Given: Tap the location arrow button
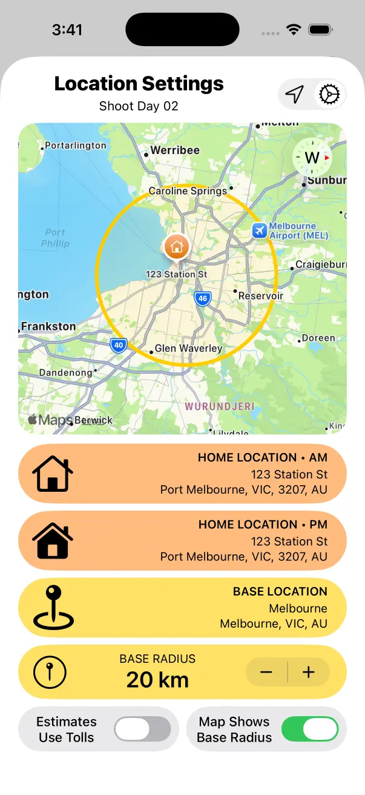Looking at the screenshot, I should (295, 95).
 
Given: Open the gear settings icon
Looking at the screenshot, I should (330, 95).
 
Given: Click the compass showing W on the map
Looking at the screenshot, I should (312, 158).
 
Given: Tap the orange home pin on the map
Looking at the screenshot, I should (177, 247).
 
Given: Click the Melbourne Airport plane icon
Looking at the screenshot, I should (260, 230).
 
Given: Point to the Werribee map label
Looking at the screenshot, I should (175, 150).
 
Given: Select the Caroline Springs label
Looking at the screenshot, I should (188, 191).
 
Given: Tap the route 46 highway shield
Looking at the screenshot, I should (202, 298).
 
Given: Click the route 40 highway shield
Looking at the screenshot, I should (119, 346).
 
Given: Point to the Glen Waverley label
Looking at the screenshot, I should (188, 349).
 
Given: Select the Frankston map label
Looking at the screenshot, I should (48, 326).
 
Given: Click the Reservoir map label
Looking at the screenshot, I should (261, 296).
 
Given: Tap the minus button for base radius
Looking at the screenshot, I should (266, 672).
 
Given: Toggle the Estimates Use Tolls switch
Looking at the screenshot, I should (142, 729).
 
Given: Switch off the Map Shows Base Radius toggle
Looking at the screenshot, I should (310, 729).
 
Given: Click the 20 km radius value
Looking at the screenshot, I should (157, 680).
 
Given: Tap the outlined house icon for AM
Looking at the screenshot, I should (53, 474).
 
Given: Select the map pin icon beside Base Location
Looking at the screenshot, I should (53, 607).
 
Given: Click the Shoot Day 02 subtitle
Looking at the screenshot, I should (139, 106).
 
